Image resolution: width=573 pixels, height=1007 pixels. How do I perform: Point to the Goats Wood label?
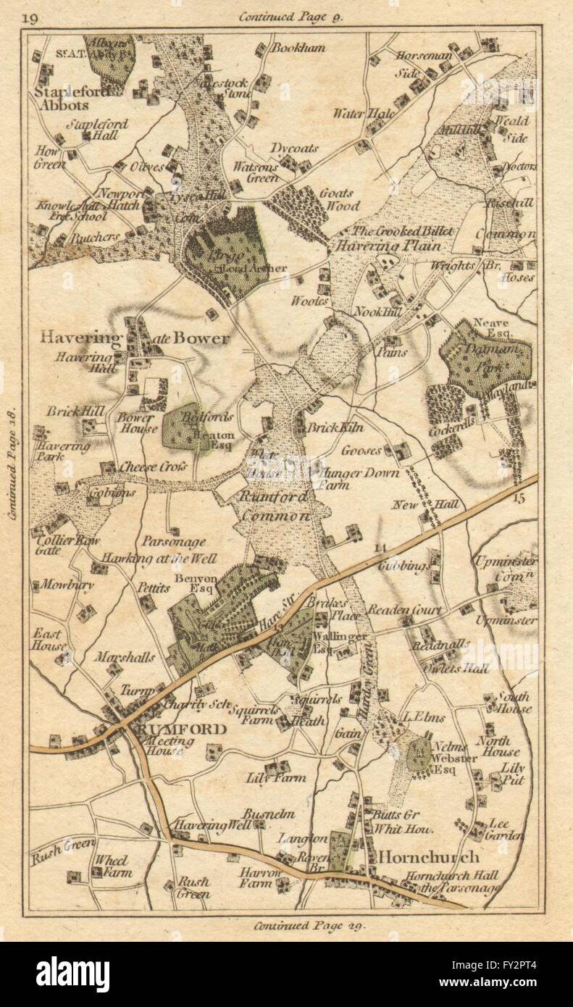tap(336, 199)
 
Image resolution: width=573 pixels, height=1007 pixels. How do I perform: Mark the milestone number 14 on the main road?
tap(381, 548)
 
